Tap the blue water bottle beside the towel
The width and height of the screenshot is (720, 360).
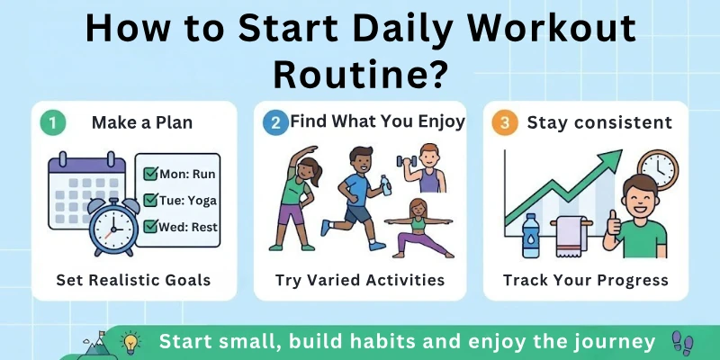530,236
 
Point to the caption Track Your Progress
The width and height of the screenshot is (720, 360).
586,280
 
